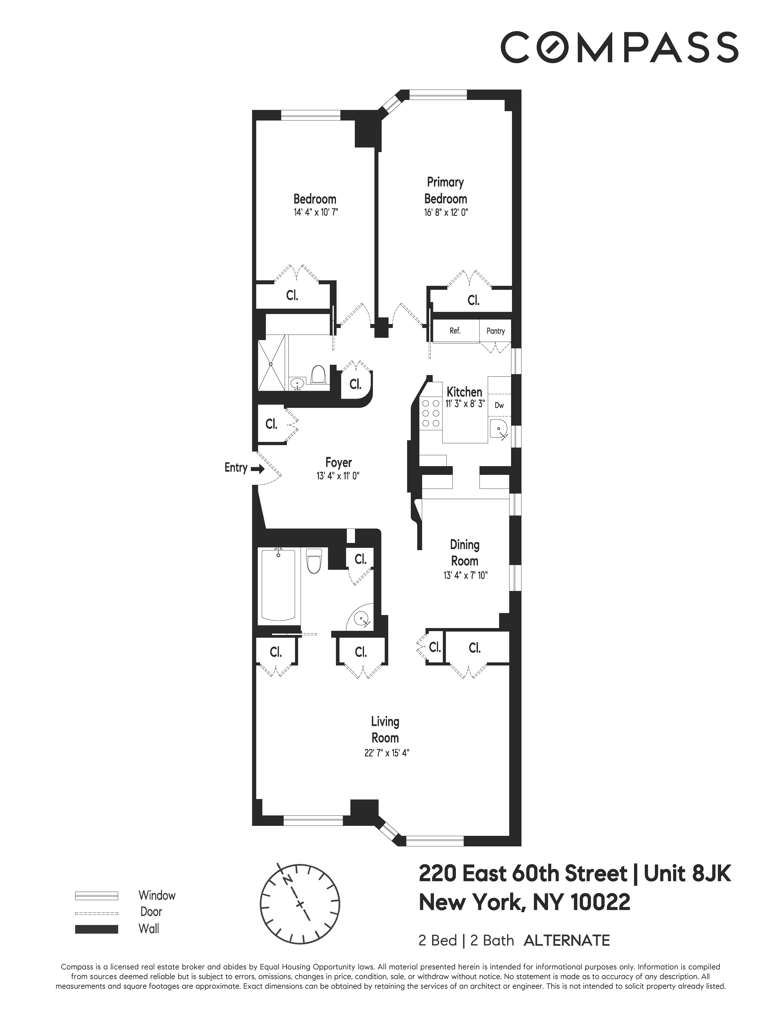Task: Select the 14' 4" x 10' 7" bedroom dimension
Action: tap(314, 213)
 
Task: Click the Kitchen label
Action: tap(464, 392)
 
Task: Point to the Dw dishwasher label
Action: tap(499, 405)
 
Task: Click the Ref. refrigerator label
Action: tap(455, 331)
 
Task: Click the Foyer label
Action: tap(339, 462)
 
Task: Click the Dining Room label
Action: tap(465, 553)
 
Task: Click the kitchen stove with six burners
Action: tap(430, 413)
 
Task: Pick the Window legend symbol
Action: tap(96, 896)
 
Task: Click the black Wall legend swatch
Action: tap(96, 929)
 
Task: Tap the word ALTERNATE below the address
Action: tap(567, 941)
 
